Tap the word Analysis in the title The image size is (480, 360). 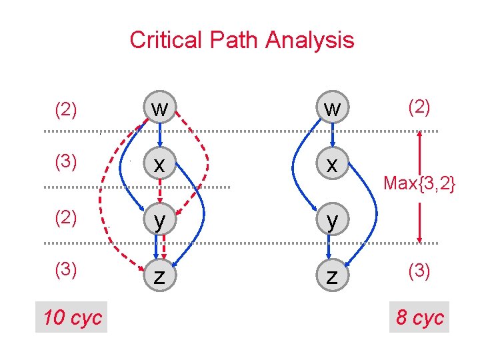(310, 40)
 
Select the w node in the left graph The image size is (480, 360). (160, 108)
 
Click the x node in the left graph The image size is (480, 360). (160, 164)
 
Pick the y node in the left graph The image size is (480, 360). (160, 219)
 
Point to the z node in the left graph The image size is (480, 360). (160, 275)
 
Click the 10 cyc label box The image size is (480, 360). (72, 317)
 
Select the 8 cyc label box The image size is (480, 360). (419, 317)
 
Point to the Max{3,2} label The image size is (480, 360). (419, 182)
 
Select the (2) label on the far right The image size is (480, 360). (419, 107)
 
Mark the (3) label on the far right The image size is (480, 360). (419, 271)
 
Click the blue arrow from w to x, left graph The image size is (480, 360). (160, 137)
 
